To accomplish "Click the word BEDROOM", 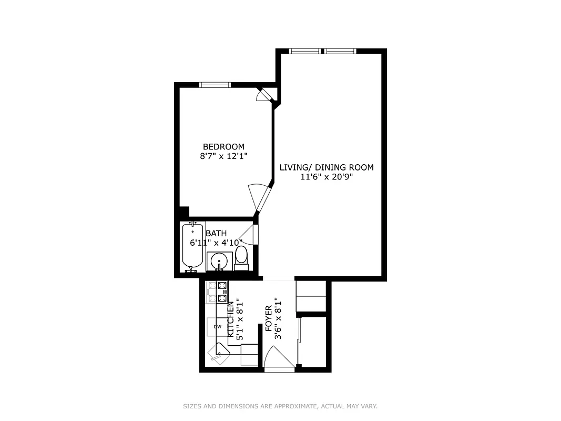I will [x=223, y=146].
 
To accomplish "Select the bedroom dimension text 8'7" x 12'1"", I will [x=223, y=156].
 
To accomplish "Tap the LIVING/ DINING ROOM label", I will [x=326, y=167].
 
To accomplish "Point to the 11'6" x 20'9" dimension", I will [x=326, y=177].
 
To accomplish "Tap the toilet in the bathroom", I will [x=241, y=257].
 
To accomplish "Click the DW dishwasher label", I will [x=217, y=327].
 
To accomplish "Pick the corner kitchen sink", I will [x=219, y=352].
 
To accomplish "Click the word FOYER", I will [x=269, y=317].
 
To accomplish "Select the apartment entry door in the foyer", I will [x=277, y=360].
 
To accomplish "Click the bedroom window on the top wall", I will [x=215, y=84].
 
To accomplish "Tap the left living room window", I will [x=305, y=51].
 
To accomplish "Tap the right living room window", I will [x=340, y=51].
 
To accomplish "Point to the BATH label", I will [x=216, y=233].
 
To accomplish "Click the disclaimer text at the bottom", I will [x=280, y=406].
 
